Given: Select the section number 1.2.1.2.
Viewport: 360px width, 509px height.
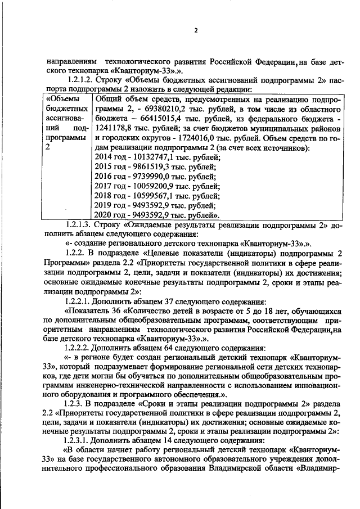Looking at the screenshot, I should pyautogui.click(x=80, y=81).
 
